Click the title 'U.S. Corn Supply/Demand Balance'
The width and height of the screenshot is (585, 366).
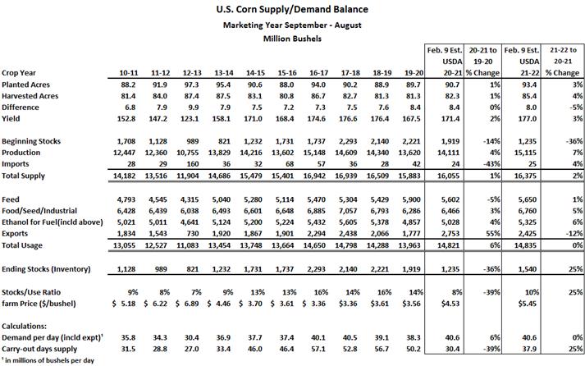pos(292,9)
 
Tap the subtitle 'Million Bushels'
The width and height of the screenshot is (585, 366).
pos(292,39)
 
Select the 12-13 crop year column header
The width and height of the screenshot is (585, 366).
pos(192,73)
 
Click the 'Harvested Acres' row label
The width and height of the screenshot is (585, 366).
pos(30,96)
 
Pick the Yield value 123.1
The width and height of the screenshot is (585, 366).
pos(192,119)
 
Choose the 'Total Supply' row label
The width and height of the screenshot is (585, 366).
pos(23,176)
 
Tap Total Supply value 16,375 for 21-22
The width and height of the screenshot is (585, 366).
pos(525,176)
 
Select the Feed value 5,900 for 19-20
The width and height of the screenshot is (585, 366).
pos(412,199)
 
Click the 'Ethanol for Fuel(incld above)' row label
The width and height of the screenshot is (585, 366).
pos(53,222)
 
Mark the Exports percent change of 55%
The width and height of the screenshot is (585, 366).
pos(494,234)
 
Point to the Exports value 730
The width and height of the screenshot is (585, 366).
pos(193,234)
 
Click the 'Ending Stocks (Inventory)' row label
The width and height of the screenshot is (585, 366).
pos(46,269)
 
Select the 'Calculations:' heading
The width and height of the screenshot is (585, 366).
pos(25,326)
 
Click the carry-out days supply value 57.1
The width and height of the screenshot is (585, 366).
pos(318,350)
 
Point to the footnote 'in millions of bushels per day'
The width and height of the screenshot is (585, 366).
pos(49,361)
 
